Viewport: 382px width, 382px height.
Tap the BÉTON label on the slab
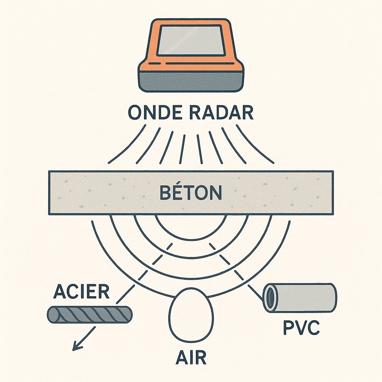pyautogui.click(x=191, y=193)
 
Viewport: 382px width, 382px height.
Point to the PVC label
pyautogui.click(x=301, y=328)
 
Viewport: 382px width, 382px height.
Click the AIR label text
pyautogui.click(x=191, y=357)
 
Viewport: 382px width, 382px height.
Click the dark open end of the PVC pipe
pyautogui.click(x=269, y=298)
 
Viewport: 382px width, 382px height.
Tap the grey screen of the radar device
pyautogui.click(x=191, y=40)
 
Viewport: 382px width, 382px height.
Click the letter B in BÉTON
pyautogui.click(x=165, y=193)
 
